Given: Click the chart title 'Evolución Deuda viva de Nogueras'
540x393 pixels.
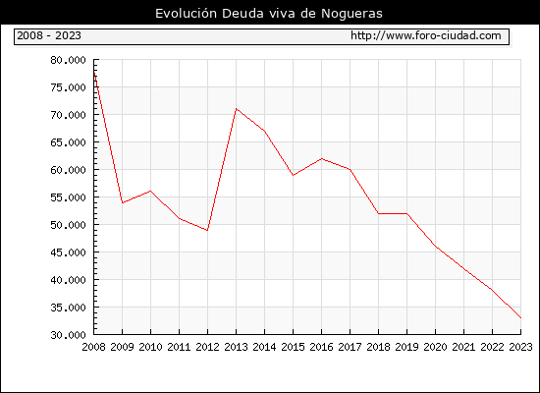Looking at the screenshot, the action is [269, 14].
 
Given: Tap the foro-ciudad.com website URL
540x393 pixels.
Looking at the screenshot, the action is [426, 35].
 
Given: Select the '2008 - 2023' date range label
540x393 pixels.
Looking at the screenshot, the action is [49, 35].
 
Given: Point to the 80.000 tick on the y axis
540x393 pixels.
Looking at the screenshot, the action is [68, 60].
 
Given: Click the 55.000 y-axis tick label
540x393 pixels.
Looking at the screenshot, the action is [68, 197].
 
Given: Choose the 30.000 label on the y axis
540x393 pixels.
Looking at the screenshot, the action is [68, 335].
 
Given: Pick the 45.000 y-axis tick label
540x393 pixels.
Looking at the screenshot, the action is [68, 253].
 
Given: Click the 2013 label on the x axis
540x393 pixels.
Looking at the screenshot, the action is [236, 347].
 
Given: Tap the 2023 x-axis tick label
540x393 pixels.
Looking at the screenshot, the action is [520, 347].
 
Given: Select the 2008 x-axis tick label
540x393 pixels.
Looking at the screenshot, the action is [93, 347].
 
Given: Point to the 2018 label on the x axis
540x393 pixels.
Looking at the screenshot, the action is [378, 347].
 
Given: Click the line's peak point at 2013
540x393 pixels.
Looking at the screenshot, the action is [236, 109].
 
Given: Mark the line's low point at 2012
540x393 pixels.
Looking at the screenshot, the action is [207, 230].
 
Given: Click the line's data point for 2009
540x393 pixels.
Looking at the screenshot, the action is [123, 202].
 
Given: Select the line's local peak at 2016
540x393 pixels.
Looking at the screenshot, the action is [321, 158].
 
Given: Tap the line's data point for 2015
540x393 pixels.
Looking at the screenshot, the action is [294, 175].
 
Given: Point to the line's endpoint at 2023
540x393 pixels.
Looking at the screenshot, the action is [520, 318].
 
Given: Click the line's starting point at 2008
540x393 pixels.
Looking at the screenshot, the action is [94, 73].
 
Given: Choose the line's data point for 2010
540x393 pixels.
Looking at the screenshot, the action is [150, 191].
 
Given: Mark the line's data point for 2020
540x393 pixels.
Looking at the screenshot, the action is [435, 247].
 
